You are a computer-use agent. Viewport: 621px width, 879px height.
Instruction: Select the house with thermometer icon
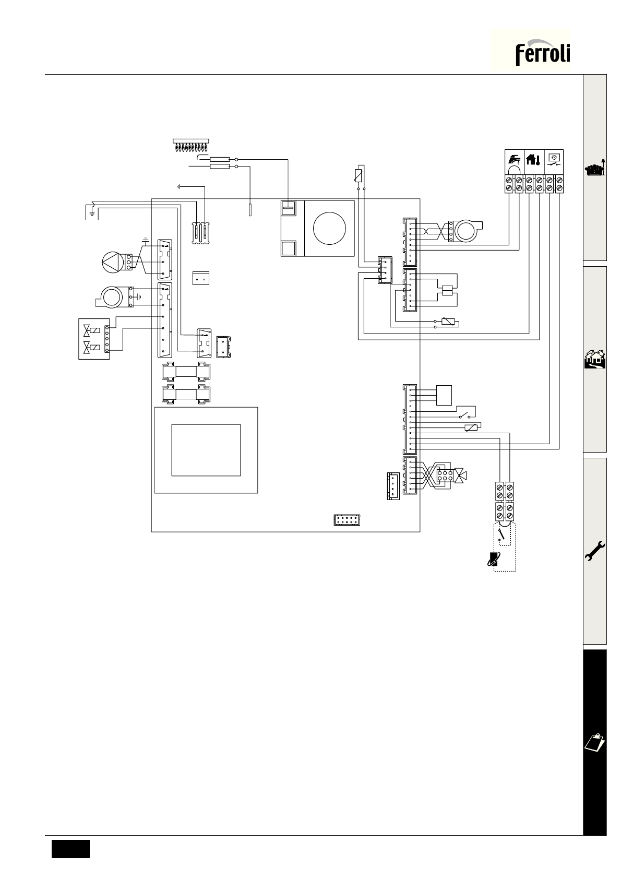(533, 159)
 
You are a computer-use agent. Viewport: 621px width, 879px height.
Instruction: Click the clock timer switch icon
(553, 160)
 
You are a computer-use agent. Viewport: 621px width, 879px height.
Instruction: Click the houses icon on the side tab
(595, 359)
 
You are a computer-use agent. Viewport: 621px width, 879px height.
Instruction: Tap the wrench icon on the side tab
(595, 551)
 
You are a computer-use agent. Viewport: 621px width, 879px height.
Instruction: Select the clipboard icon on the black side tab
(595, 742)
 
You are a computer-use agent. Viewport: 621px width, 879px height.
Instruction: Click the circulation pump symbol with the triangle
(113, 262)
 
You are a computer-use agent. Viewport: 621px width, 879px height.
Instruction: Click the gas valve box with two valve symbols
(94, 339)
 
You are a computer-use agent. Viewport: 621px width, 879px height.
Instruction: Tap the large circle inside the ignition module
(329, 228)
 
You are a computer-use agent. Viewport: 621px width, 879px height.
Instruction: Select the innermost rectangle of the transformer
(206, 450)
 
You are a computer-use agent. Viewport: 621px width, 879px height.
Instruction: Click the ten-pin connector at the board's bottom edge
(347, 520)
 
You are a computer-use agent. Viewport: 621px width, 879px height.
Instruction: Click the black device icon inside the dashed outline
(493, 559)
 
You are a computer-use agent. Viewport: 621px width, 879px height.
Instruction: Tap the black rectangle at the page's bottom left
(70, 849)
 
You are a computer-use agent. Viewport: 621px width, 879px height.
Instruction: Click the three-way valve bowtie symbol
(461, 475)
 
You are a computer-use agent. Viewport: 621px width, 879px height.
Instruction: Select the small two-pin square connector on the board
(201, 278)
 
